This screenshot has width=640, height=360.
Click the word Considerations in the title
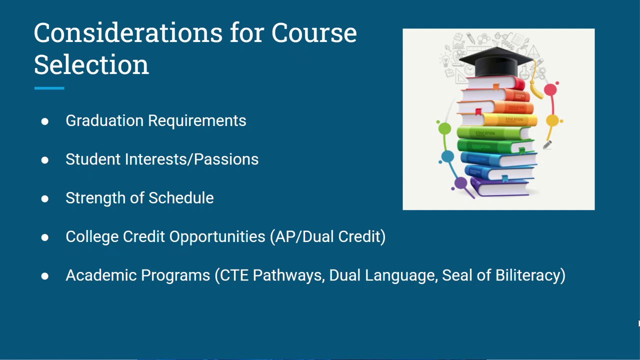(x=128, y=33)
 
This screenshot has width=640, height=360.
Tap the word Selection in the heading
(x=91, y=64)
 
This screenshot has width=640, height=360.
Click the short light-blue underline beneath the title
(x=49, y=88)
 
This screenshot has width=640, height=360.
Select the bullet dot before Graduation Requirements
(x=45, y=121)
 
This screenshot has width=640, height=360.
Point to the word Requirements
(x=197, y=121)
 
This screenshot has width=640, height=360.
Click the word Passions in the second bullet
(x=226, y=159)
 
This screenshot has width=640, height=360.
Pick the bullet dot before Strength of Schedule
(x=45, y=198)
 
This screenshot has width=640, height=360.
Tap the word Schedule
(x=181, y=197)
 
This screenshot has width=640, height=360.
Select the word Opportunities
(x=217, y=237)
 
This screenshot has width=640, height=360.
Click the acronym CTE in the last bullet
(x=234, y=275)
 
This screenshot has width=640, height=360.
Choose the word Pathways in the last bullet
(x=289, y=275)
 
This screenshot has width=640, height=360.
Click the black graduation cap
(x=496, y=62)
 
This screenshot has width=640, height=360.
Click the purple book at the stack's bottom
(x=500, y=187)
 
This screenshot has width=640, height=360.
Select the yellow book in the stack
(x=498, y=119)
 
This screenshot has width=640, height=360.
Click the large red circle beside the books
(x=550, y=89)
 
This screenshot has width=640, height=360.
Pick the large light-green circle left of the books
(x=445, y=128)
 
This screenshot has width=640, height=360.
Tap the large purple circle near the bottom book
(x=460, y=183)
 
